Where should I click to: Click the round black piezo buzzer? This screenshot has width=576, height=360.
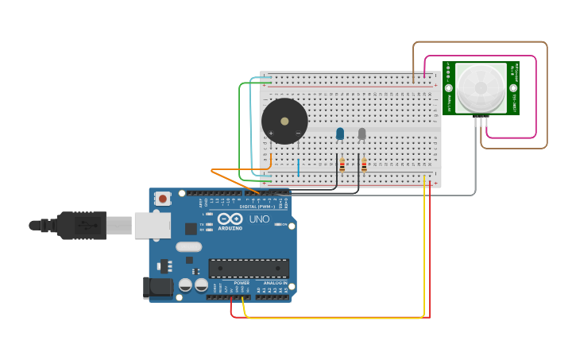(284, 121)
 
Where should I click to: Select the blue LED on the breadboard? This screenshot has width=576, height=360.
(340, 134)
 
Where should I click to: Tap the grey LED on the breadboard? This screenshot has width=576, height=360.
(362, 134)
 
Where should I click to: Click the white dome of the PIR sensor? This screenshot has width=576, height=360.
(481, 87)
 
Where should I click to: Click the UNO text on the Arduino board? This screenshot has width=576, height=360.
(259, 219)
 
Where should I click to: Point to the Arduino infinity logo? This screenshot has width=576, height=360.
(230, 219)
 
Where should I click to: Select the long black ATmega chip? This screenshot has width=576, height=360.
(248, 269)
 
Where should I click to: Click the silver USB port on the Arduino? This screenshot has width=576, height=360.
(152, 226)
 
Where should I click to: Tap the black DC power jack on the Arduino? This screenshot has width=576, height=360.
(157, 287)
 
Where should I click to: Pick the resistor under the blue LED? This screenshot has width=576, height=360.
(342, 165)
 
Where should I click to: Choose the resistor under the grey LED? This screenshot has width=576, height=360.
(364, 165)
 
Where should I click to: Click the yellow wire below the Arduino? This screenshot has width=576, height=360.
(334, 318)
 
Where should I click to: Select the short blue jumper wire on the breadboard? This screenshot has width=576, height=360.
(299, 167)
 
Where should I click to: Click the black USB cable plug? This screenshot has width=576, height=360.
(79, 226)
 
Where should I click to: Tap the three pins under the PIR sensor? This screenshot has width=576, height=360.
(481, 122)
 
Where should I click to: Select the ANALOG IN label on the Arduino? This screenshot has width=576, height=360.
(275, 283)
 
